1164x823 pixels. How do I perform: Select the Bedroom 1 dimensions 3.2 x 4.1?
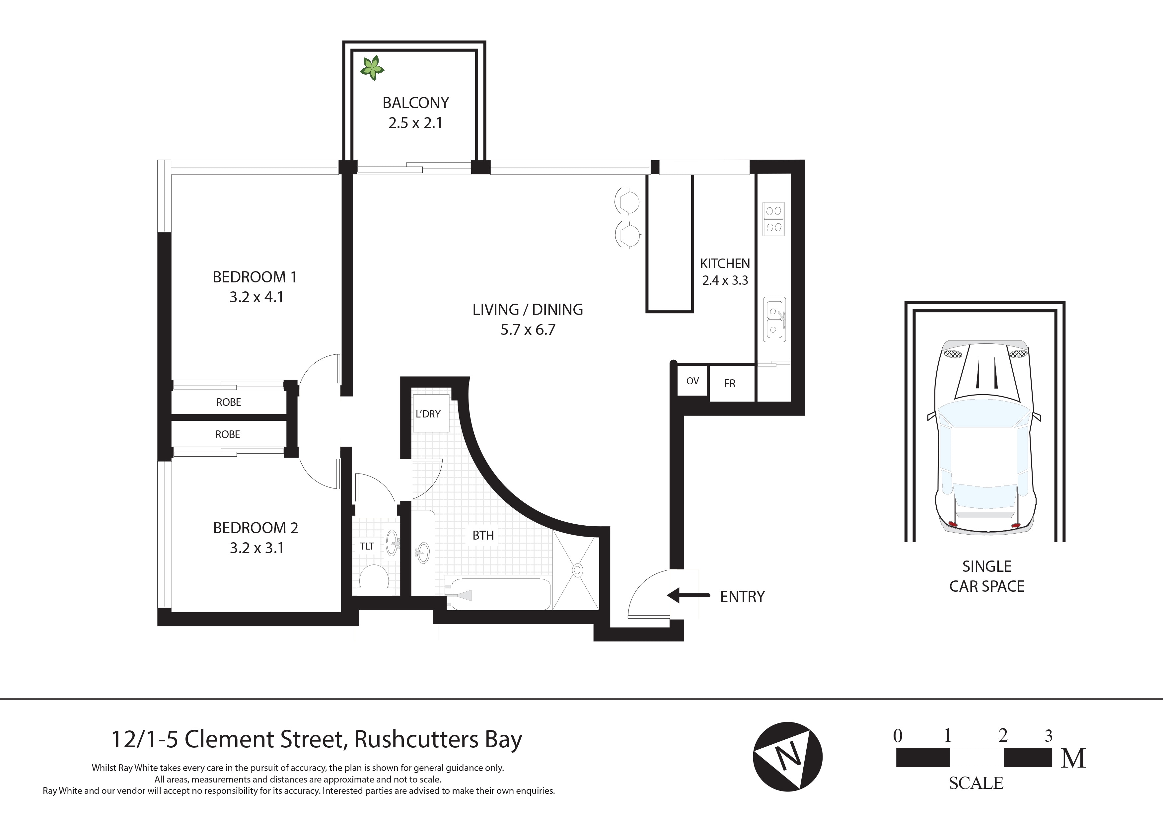pos(256,297)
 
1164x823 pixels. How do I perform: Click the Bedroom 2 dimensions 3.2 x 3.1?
pos(256,548)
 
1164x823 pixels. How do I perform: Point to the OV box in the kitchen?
pos(692,381)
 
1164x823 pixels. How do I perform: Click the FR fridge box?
pos(730,384)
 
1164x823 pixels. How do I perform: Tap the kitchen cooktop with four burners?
pos(774,219)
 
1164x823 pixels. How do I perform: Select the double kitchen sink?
pos(774,319)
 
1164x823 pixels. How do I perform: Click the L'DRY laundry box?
pos(428,414)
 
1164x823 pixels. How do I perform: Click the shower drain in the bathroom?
pos(577,570)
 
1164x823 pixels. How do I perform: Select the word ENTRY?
pos(742,597)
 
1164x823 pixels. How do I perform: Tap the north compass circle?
pos(787,757)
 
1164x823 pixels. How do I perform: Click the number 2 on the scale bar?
pos(1002,735)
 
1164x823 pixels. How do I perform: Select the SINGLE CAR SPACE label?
pos(986,576)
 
